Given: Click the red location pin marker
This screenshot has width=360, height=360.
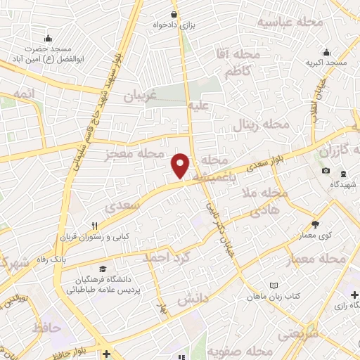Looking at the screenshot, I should coord(181,165).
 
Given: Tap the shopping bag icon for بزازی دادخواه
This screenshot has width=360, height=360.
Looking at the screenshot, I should coord(174,14).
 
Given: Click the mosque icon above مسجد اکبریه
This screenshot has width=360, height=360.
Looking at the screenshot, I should coord(326,52).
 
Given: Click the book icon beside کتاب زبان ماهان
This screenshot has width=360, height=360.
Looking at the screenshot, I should coord(274,285).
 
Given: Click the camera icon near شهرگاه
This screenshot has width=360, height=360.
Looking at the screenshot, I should coord(326,171).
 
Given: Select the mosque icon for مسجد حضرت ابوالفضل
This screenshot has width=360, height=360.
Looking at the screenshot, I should coord(47,38).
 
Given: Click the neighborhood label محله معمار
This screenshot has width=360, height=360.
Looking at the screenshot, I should coord(318,261).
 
